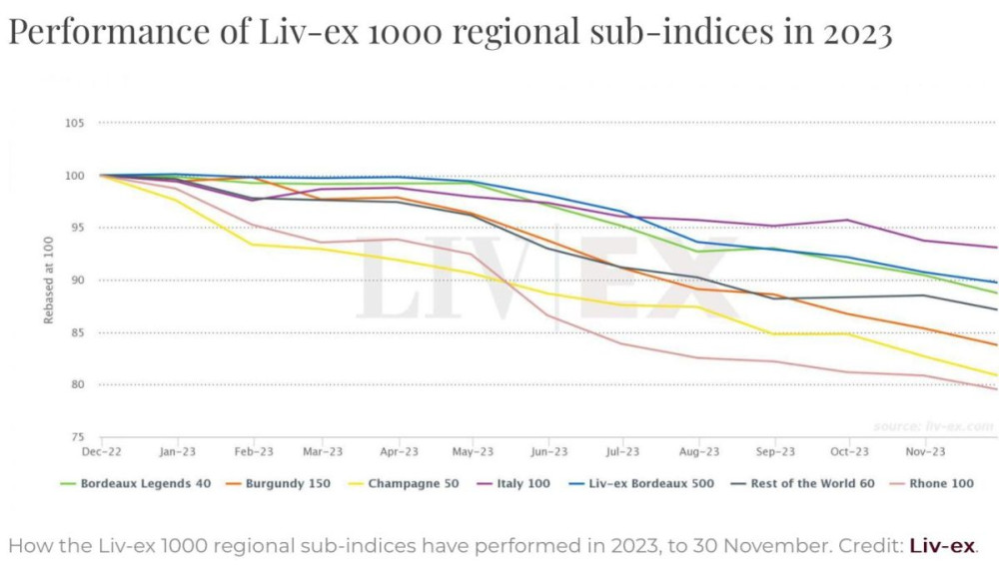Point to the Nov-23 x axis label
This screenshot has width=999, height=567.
[x=925, y=452]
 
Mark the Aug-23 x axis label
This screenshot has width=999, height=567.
[x=699, y=452]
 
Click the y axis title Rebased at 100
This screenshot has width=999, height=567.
[x=48, y=281]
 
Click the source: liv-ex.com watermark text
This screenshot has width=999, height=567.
[x=934, y=426]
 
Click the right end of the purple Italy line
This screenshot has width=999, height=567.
[x=996, y=248]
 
